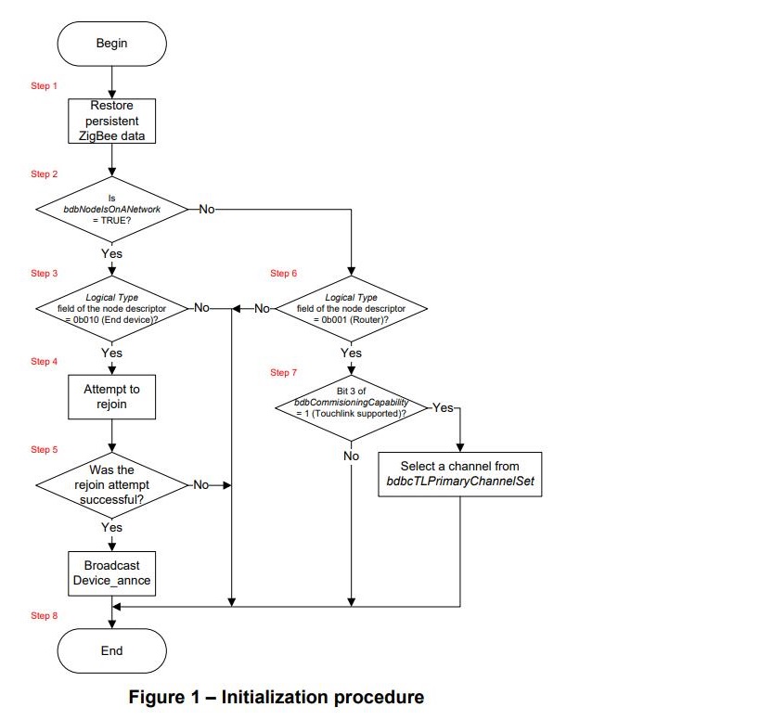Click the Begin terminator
(111, 44)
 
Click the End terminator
(111, 650)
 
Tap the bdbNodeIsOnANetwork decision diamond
(111, 210)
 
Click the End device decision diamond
(111, 309)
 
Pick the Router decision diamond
(352, 309)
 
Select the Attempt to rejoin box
(111, 397)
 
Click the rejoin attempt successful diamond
(111, 484)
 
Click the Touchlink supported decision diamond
(352, 406)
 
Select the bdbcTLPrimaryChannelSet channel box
(459, 473)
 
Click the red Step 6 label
(284, 274)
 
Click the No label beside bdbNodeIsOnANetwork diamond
(205, 210)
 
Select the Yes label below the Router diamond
(352, 354)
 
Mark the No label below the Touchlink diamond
(352, 456)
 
